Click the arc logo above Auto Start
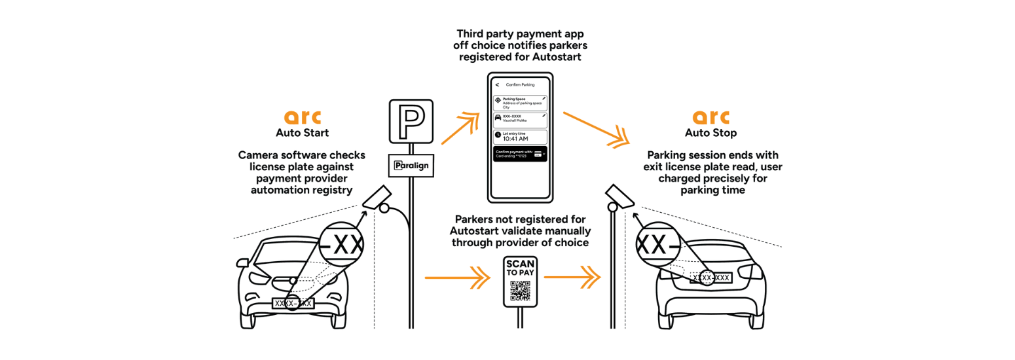(303, 117)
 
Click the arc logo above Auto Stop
(710, 117)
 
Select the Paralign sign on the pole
(411, 166)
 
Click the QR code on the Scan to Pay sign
(521, 289)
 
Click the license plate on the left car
(293, 303)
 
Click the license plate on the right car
(711, 278)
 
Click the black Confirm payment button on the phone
(521, 154)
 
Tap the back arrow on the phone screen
(497, 84)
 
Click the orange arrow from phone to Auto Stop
(593, 128)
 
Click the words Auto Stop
(710, 133)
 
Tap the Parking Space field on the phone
(521, 103)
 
